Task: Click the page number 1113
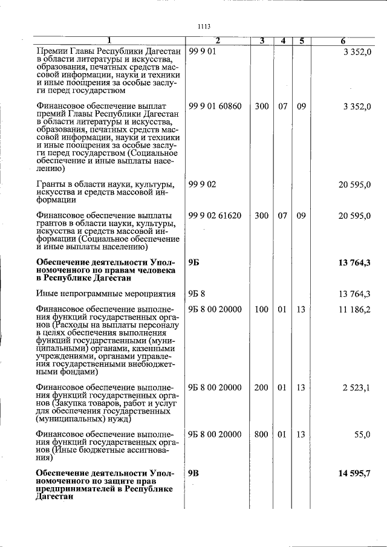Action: click(203, 26)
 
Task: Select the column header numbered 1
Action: click(109, 41)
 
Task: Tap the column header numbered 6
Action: click(342, 41)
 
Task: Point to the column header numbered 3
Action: click(261, 41)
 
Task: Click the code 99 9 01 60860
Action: click(215, 106)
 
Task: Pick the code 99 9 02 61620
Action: click(215, 215)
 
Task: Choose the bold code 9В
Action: click(193, 473)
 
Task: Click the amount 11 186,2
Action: click(355, 309)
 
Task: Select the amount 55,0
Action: click(361, 435)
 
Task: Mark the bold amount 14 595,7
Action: click(354, 473)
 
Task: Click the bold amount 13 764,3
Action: click(354, 262)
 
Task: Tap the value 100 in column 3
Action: click(261, 309)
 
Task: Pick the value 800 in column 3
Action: click(261, 435)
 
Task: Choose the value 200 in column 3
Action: click(261, 387)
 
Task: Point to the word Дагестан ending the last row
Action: click(55, 497)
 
